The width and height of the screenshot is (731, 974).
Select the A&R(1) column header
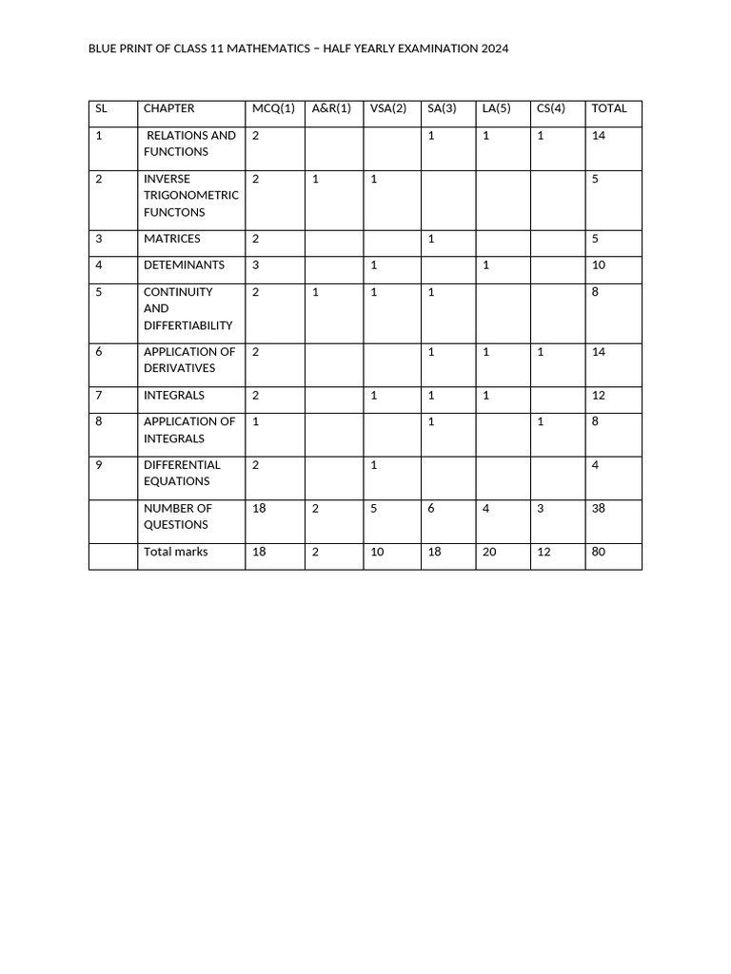[331, 108]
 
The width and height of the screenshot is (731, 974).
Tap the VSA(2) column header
[388, 108]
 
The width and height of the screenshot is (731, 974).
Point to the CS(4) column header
[551, 108]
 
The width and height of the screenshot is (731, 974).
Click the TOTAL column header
[609, 108]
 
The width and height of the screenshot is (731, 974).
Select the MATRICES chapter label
[172, 239]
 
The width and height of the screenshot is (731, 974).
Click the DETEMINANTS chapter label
[184, 265]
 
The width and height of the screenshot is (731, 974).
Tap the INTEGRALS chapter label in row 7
[174, 395]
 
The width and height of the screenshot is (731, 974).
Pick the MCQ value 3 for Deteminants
[255, 265]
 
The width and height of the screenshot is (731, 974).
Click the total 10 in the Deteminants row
[598, 265]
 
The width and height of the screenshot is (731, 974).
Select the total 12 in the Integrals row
[598, 395]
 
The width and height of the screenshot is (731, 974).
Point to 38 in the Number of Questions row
[598, 508]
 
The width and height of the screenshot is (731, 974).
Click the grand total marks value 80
[598, 552]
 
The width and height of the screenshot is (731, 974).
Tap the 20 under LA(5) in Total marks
[489, 552]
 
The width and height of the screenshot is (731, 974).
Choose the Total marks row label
[175, 552]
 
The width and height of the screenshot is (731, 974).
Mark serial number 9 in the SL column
[99, 465]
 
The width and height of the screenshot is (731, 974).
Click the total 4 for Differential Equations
[595, 465]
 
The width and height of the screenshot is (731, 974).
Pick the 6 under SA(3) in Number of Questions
[431, 508]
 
